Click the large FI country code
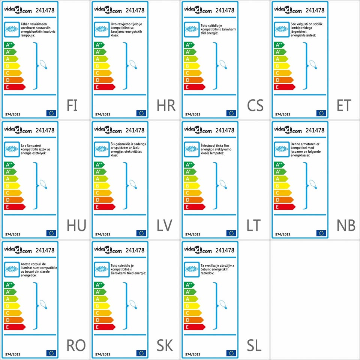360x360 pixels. click(72, 106)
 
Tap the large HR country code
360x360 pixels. click(166, 106)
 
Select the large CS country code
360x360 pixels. click(255, 106)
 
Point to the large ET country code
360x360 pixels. click(344, 106)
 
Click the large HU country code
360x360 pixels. click(76, 226)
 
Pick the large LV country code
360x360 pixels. click(165, 226)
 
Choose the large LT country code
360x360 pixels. click(253, 226)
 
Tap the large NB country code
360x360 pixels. click(346, 226)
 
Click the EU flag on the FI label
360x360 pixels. click(51, 113)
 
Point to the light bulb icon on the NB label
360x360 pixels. click(312, 184)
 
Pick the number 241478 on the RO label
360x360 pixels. click(45, 250)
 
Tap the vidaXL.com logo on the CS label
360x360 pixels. click(198, 10)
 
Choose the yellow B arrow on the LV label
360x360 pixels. click(102, 186)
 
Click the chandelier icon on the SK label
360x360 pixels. click(102, 269)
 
